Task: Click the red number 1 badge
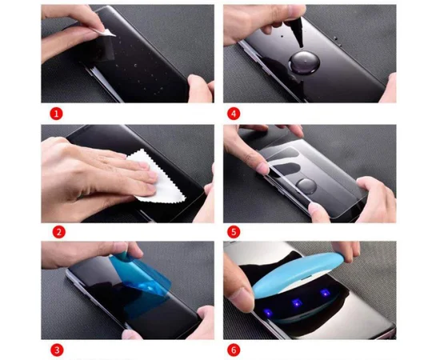(x=56, y=114)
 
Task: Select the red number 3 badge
(x=56, y=350)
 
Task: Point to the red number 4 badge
(x=233, y=114)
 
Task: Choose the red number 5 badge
(x=233, y=232)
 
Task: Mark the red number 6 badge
(x=233, y=350)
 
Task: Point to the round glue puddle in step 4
(x=305, y=66)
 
